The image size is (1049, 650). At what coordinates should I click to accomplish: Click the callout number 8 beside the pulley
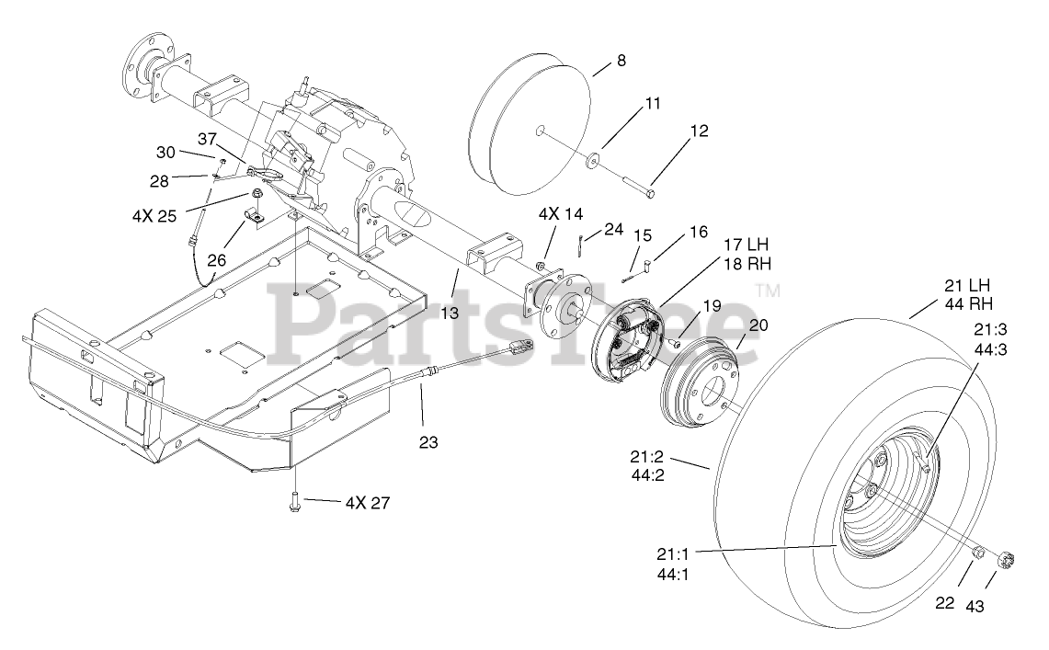[x=621, y=61]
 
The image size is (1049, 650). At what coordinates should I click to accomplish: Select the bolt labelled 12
[x=634, y=185]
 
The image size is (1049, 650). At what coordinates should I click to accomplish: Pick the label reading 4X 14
[x=561, y=214]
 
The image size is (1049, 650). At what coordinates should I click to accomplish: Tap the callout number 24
[x=614, y=228]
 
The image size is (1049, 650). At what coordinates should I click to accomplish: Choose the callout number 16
[x=699, y=232]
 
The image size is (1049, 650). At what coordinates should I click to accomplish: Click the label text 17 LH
[x=746, y=246]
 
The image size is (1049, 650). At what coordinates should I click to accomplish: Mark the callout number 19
[x=713, y=306]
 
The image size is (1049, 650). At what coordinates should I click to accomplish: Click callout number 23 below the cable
[x=428, y=442]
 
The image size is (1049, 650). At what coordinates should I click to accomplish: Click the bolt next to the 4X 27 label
[x=296, y=501]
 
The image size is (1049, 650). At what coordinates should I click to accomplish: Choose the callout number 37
[x=207, y=138]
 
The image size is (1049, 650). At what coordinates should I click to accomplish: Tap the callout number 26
[x=217, y=260]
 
